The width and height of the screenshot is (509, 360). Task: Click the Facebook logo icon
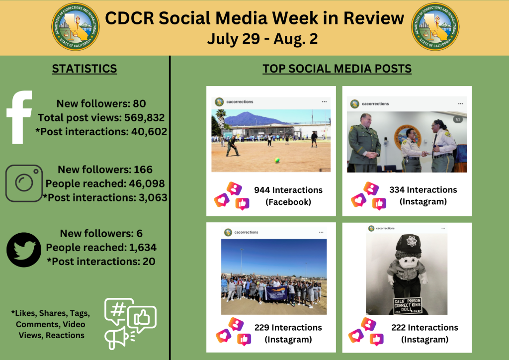click(x=20, y=117)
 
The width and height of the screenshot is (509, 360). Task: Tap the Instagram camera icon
click(x=24, y=183)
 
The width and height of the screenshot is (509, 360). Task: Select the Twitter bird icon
click(x=23, y=250)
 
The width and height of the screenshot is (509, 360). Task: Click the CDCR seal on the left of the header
click(x=75, y=27)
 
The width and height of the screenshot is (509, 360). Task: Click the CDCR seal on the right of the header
click(x=435, y=27)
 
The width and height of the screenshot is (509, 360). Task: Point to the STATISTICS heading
click(x=85, y=69)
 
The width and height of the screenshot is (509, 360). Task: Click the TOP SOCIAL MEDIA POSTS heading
click(x=337, y=69)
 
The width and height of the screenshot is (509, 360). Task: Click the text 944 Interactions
click(x=288, y=190)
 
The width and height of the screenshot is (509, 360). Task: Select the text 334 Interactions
click(x=423, y=190)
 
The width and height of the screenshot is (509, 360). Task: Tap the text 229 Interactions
click(x=288, y=327)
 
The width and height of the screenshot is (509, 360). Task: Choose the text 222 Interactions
click(x=424, y=327)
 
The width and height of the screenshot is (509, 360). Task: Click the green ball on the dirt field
click(x=277, y=160)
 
